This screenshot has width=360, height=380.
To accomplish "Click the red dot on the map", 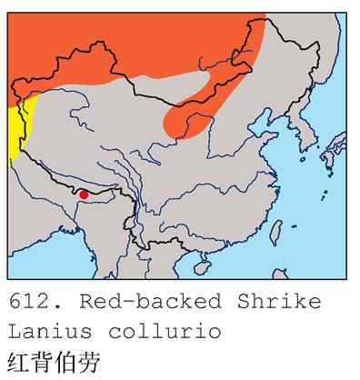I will pyautogui.click(x=84, y=194).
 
